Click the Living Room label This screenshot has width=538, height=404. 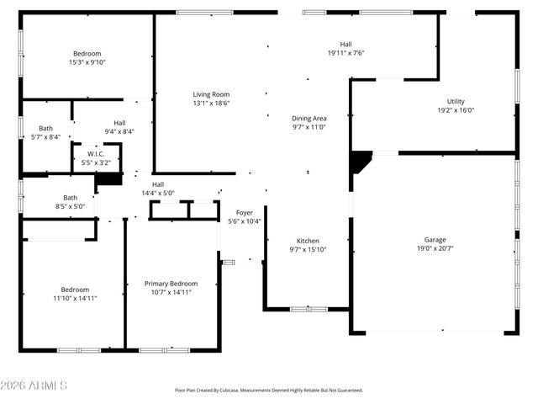211,94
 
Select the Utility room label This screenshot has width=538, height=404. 456,101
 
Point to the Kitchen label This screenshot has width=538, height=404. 308,241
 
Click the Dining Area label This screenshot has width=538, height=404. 309,119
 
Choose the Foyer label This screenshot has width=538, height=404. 245,213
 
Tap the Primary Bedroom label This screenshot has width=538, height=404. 171,284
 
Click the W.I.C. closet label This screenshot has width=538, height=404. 97,154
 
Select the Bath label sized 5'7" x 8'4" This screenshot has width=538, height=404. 45,129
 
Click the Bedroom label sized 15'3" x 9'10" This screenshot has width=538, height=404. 87,52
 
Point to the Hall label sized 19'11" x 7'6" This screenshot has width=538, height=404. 345,44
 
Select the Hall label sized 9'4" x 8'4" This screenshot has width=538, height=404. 119,122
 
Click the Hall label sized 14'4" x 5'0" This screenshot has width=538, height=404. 158,184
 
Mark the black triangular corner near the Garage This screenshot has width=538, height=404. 360,160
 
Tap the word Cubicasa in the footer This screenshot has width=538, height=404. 224,391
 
